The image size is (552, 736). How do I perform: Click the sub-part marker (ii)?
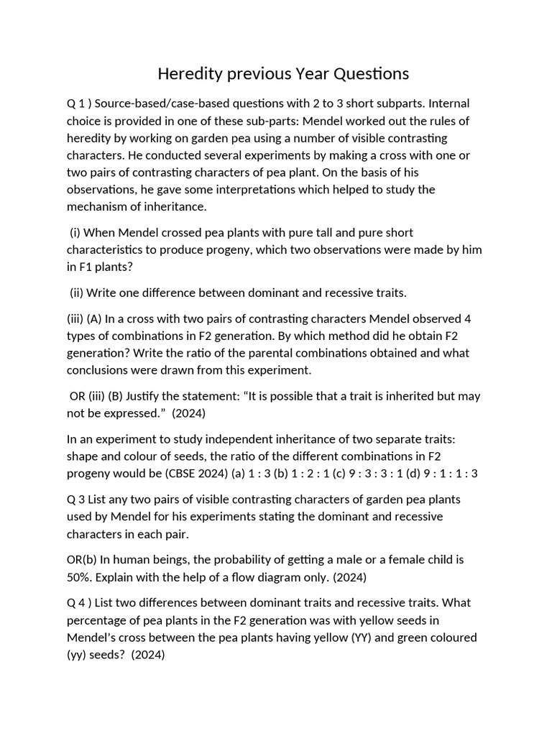[x=77, y=293]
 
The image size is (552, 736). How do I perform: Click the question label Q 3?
[x=77, y=499]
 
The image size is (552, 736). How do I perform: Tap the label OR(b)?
[x=83, y=559]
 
